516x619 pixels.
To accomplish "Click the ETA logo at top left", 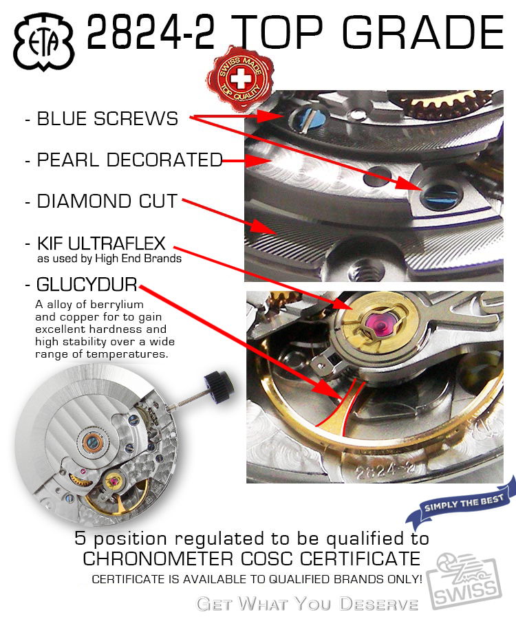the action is (44, 42).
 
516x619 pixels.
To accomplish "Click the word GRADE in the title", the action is (423, 32).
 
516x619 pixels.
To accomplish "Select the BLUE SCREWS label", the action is (107, 118).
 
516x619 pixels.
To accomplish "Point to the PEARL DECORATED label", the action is (129, 160).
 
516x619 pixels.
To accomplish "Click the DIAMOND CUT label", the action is (107, 201).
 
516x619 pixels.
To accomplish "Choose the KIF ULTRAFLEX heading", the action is (101, 243).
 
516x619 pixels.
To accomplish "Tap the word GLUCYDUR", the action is (87, 284).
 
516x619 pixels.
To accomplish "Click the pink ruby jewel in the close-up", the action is (380, 325).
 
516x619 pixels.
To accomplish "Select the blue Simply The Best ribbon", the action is (462, 503).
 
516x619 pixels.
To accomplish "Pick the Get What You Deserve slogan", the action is (307, 604).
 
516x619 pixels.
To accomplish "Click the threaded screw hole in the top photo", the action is (365, 270).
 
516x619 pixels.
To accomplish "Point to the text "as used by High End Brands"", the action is (109, 259).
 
